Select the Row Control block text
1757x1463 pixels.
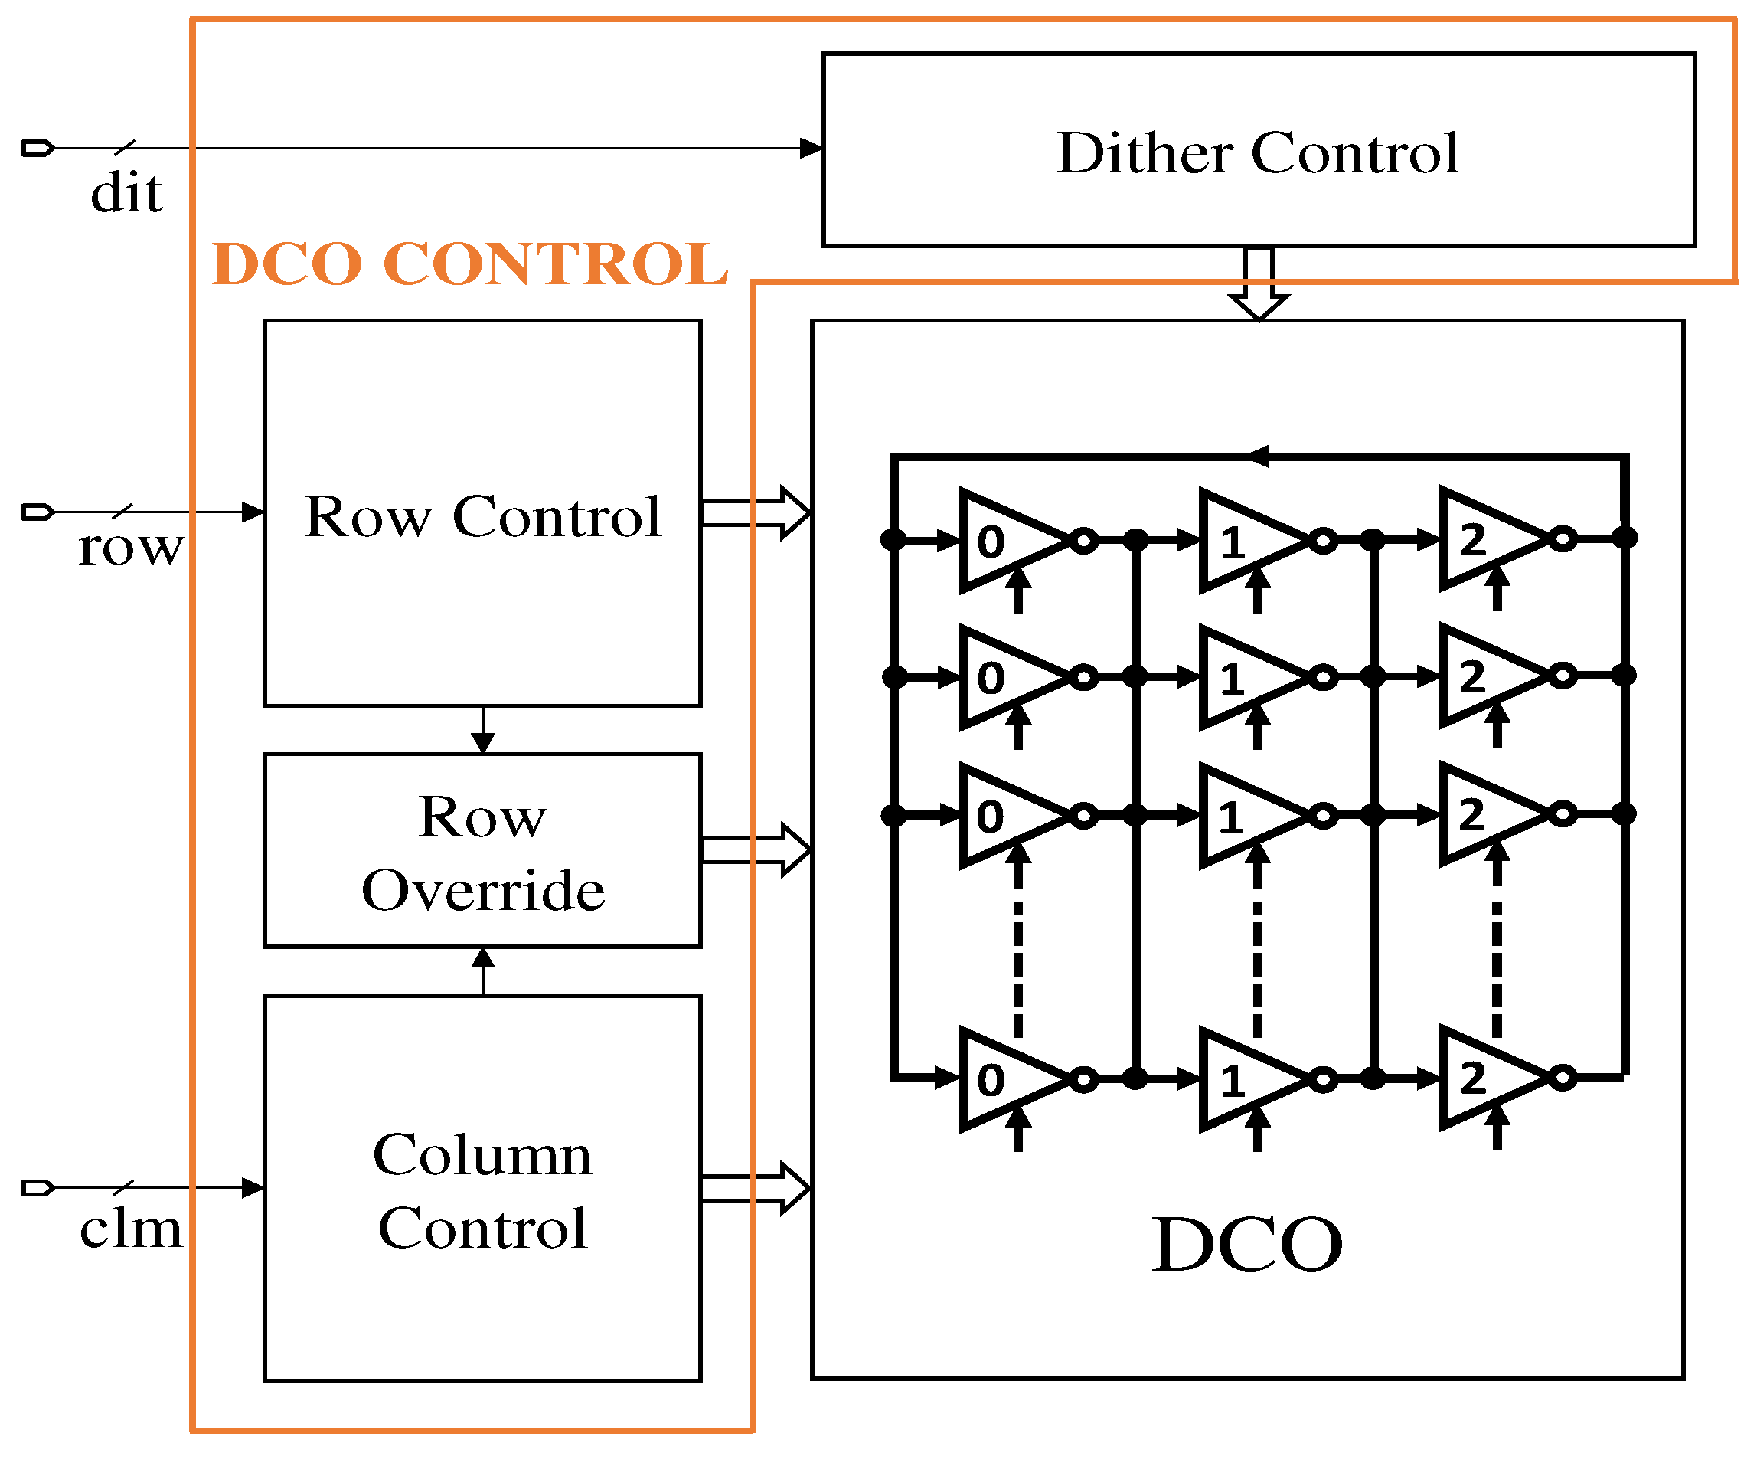click(x=483, y=516)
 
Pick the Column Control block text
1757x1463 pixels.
click(x=483, y=1191)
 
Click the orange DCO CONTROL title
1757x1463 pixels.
click(x=469, y=263)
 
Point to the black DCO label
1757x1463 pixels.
click(x=1246, y=1245)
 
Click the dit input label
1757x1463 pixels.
click(x=126, y=192)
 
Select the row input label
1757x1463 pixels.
click(x=129, y=548)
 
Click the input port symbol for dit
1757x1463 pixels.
click(x=38, y=148)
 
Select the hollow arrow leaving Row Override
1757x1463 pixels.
click(x=755, y=849)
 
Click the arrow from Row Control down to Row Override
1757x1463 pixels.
click(x=483, y=731)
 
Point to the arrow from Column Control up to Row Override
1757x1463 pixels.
click(x=483, y=971)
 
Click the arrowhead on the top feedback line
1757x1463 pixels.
click(x=1260, y=457)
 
